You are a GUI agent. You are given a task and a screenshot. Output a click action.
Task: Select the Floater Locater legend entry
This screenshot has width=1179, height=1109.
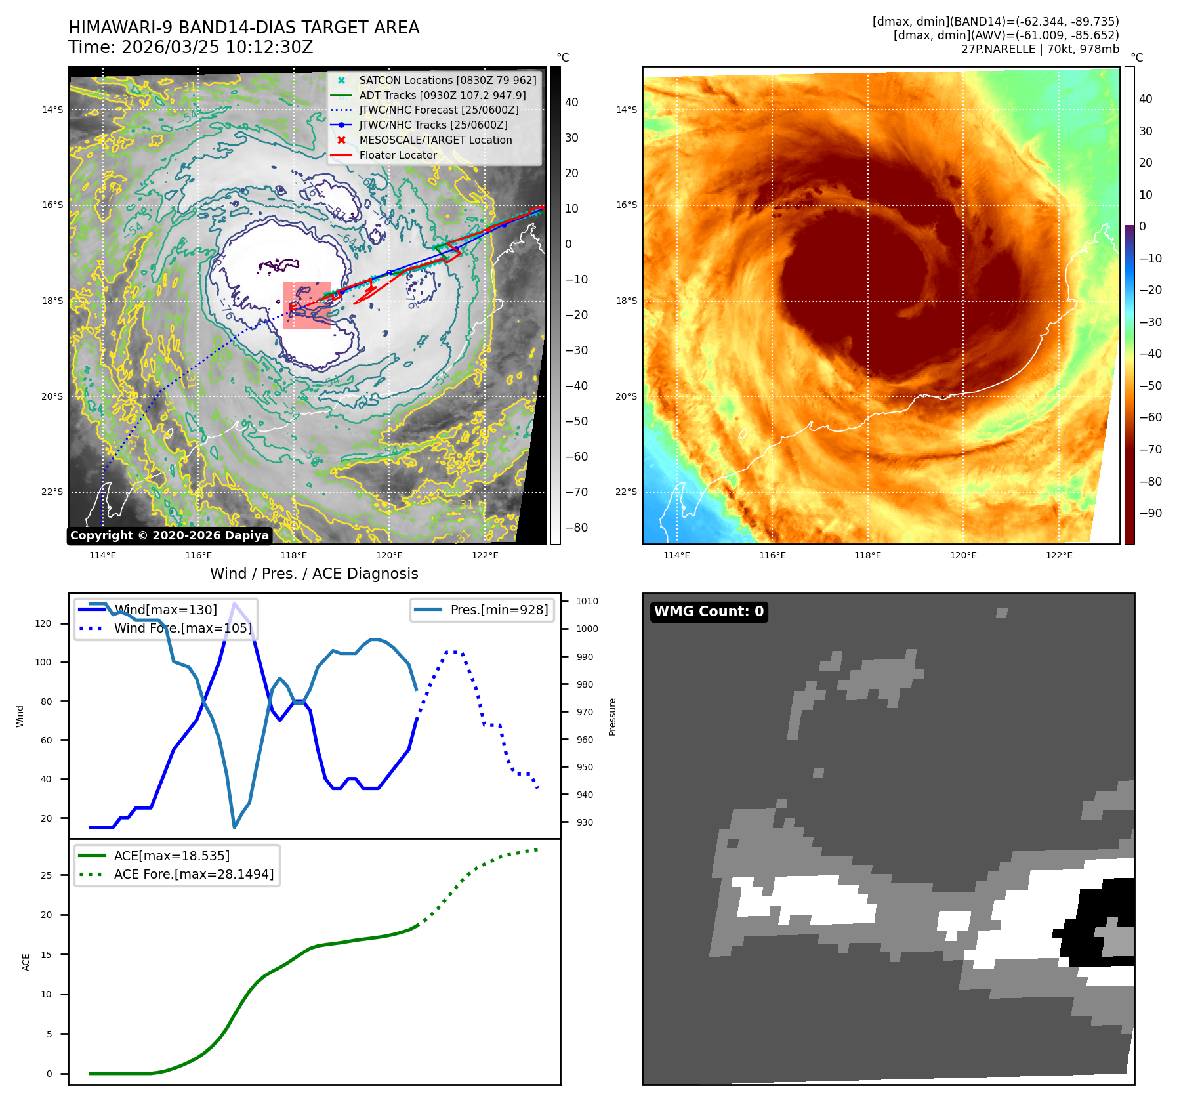click(x=398, y=155)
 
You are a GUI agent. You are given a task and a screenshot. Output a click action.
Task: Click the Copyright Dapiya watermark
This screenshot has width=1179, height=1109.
click(x=169, y=535)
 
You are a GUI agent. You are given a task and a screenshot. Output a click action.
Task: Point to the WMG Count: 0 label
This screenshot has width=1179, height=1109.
click(x=709, y=612)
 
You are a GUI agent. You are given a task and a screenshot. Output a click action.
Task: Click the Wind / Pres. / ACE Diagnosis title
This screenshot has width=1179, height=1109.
click(x=314, y=574)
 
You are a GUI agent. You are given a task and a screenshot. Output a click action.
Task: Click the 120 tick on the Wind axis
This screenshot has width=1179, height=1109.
click(x=43, y=623)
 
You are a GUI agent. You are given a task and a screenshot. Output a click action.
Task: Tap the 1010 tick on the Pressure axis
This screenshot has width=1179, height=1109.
click(x=587, y=601)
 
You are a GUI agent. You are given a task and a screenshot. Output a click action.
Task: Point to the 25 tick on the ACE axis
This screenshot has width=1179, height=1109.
click(x=46, y=875)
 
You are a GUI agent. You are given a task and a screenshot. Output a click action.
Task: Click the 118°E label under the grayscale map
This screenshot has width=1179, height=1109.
click(x=293, y=555)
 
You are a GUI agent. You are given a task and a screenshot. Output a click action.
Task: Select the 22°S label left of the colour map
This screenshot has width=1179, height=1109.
click(x=626, y=492)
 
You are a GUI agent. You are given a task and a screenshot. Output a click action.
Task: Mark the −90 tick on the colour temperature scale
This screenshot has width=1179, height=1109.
click(x=1150, y=513)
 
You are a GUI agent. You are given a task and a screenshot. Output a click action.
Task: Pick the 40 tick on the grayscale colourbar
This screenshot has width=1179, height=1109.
click(x=571, y=102)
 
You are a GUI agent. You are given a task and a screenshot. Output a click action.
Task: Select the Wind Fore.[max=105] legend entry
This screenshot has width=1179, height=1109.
click(x=182, y=628)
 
